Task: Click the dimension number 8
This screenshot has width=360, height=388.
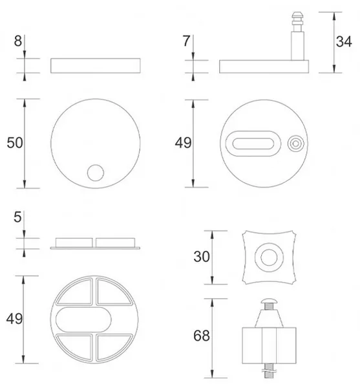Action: pyautogui.click(x=18, y=41)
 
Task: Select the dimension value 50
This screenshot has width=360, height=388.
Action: pyautogui.click(x=15, y=143)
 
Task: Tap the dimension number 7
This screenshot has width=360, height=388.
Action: pyautogui.click(x=186, y=41)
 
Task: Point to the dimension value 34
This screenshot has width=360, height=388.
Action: pyautogui.click(x=344, y=41)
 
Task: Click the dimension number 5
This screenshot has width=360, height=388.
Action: pyautogui.click(x=17, y=217)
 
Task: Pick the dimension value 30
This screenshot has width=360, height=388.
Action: pyautogui.click(x=202, y=257)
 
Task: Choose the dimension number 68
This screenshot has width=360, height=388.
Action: pyautogui.click(x=202, y=336)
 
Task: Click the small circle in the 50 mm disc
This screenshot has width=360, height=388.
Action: pyautogui.click(x=96, y=173)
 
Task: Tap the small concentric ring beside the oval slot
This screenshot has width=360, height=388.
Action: pyautogui.click(x=296, y=144)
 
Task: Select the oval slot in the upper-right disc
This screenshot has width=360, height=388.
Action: pyautogui.click(x=253, y=144)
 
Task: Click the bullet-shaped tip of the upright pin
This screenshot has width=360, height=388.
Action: pyautogui.click(x=297, y=17)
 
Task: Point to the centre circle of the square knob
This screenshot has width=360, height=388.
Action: pyautogui.click(x=269, y=257)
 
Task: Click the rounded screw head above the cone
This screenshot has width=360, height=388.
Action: pyautogui.click(x=269, y=301)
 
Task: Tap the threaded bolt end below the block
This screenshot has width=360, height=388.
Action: pyautogui.click(x=269, y=371)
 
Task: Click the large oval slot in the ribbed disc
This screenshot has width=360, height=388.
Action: pyautogui.click(x=83, y=319)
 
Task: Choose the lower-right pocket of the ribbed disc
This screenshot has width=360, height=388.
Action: pyautogui.click(x=113, y=347)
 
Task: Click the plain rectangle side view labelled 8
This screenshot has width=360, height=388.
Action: pyautogui.click(x=96, y=66)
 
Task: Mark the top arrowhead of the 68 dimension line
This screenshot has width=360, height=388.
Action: pyautogui.click(x=212, y=303)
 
